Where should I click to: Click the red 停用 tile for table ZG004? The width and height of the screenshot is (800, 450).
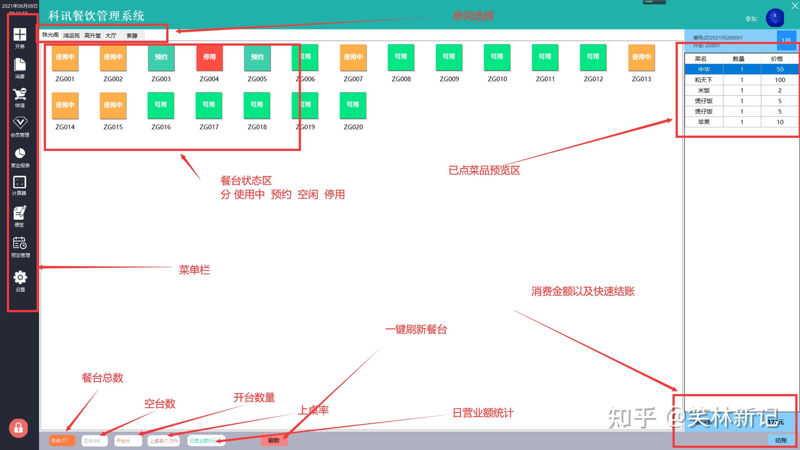[x=209, y=57]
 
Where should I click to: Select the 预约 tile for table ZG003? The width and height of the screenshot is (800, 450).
[x=161, y=57]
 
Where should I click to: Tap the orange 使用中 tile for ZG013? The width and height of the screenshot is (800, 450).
[x=641, y=57]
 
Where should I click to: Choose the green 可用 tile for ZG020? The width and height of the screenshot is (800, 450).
[x=353, y=105]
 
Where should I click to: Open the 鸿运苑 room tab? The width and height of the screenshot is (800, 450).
[x=72, y=36]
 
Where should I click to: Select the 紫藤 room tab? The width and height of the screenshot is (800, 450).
[x=132, y=36]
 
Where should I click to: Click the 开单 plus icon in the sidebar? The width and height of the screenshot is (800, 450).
[x=20, y=35]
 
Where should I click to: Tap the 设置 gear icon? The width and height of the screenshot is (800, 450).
[x=20, y=277]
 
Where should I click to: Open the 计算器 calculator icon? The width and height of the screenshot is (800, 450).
[x=19, y=182]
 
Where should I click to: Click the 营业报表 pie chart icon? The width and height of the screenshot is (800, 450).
[x=20, y=154]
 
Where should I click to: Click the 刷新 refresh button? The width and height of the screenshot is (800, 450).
[x=274, y=441]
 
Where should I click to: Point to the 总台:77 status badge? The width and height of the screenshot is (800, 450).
[x=62, y=441]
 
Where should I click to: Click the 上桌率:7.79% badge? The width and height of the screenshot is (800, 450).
[x=164, y=441]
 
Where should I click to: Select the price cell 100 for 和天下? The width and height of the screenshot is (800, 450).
[x=780, y=80]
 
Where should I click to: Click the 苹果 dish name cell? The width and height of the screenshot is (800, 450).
[x=704, y=122]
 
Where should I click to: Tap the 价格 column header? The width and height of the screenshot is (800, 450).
[x=777, y=59]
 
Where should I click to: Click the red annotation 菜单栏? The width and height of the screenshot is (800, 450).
[x=194, y=270]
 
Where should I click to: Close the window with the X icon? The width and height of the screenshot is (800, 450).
[x=795, y=6]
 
